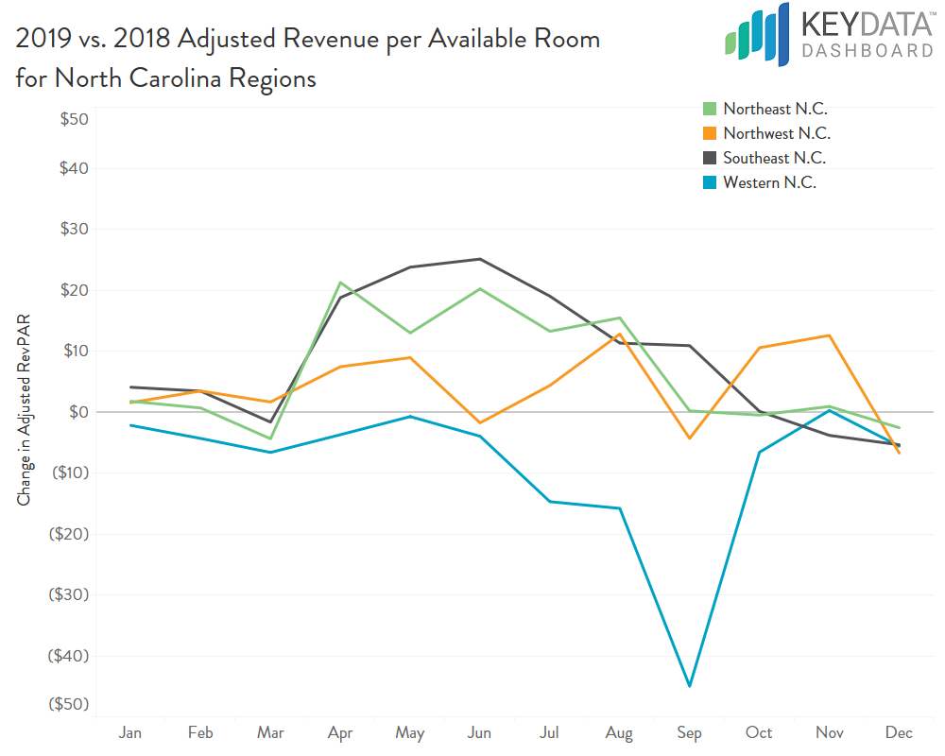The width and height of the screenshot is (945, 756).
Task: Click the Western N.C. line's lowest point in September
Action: pyautogui.click(x=689, y=686)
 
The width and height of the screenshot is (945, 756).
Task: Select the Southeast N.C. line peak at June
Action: pyautogui.click(x=480, y=259)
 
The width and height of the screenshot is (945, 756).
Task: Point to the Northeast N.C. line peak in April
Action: pyautogui.click(x=340, y=283)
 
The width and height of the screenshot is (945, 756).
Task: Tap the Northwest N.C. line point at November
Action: pyautogui.click(x=829, y=335)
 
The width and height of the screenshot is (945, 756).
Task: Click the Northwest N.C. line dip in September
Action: pyautogui.click(x=689, y=438)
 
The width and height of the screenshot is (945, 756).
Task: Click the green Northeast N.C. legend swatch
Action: pyautogui.click(x=708, y=110)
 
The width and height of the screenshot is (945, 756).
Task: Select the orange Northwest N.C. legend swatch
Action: pyautogui.click(x=708, y=134)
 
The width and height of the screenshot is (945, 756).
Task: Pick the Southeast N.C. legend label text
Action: pyautogui.click(x=774, y=159)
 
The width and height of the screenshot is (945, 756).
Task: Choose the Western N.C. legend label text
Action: pyautogui.click(x=769, y=183)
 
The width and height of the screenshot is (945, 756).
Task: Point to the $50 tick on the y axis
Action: pyautogui.click(x=75, y=120)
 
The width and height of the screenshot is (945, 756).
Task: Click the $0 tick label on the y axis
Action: pyautogui.click(x=79, y=412)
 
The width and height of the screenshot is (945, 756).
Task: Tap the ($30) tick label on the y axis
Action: pyautogui.click(x=71, y=595)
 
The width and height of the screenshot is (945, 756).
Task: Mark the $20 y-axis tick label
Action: pyautogui.click(x=75, y=290)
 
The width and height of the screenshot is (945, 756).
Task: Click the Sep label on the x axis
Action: pyautogui.click(x=689, y=732)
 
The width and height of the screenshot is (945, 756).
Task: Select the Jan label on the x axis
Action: pyautogui.click(x=130, y=732)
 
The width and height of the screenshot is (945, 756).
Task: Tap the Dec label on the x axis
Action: pyautogui.click(x=899, y=732)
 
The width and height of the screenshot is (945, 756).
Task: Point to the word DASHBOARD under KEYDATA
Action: pyautogui.click(x=867, y=51)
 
